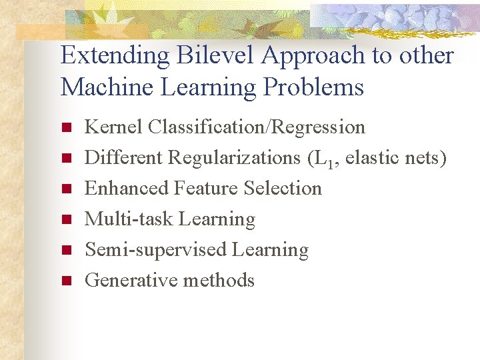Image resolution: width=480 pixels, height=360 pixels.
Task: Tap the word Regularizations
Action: coord(233,158)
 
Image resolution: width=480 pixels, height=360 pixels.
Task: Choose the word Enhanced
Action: coord(127,188)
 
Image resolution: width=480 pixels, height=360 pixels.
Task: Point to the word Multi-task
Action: coord(124,219)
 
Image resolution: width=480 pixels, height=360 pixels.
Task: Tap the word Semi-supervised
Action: coord(156,250)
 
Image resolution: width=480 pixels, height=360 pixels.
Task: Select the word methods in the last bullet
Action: coord(219,280)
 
